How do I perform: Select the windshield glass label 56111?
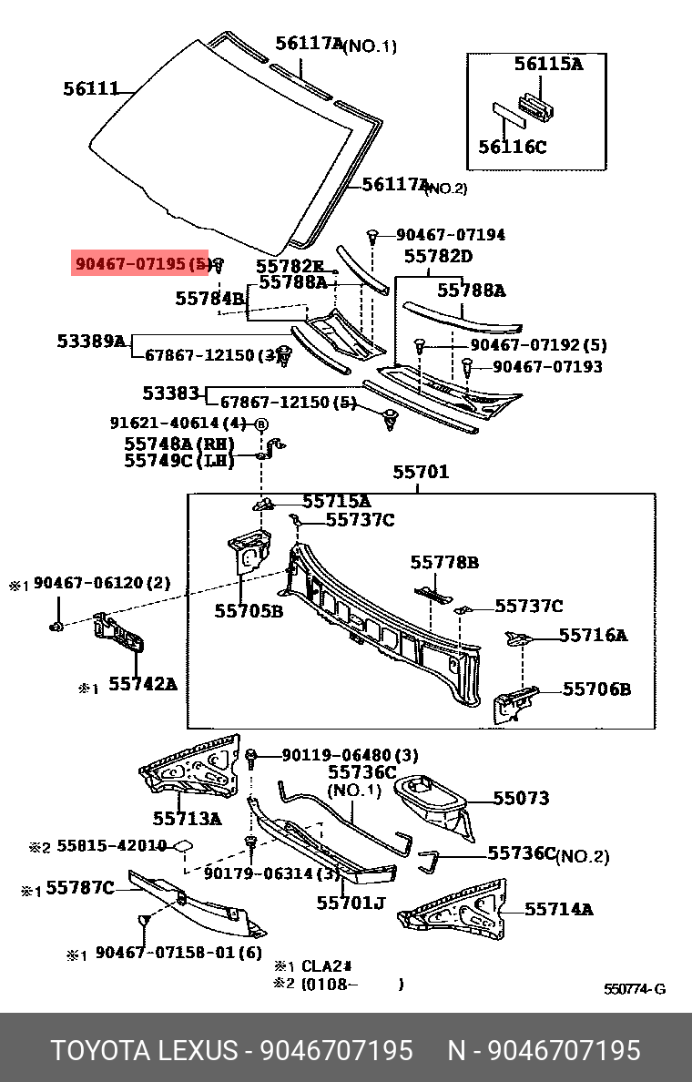point(91,89)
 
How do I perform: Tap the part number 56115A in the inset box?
point(547,64)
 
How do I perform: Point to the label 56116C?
point(513,146)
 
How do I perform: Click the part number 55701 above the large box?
point(421,473)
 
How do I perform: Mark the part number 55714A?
point(558,909)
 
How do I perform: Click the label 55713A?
point(187,819)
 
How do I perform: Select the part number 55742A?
point(143,682)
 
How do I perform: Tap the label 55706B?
point(595,689)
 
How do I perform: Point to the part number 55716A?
point(593,635)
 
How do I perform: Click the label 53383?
point(170,393)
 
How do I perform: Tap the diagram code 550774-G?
point(634,989)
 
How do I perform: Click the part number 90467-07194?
point(450,235)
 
